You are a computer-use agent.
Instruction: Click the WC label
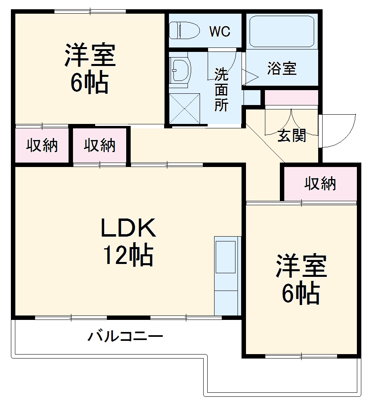click(x=220, y=31)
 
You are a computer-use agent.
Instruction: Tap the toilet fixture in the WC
click(x=184, y=30)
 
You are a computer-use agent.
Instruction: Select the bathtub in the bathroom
click(x=281, y=31)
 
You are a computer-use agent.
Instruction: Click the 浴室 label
click(x=282, y=69)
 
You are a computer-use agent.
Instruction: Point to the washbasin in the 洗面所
click(x=180, y=71)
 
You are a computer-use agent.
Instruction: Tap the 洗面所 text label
click(x=221, y=89)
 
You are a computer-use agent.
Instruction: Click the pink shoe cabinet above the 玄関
click(x=291, y=98)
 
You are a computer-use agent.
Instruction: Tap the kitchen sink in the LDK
click(x=225, y=258)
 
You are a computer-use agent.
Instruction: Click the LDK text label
click(x=128, y=229)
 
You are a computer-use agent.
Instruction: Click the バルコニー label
click(x=125, y=335)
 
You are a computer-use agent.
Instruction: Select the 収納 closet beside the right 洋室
click(x=320, y=184)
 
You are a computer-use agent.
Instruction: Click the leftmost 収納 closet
click(x=42, y=145)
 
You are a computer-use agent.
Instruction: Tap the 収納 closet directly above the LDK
click(x=100, y=145)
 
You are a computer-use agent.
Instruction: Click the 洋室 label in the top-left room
click(x=90, y=55)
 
